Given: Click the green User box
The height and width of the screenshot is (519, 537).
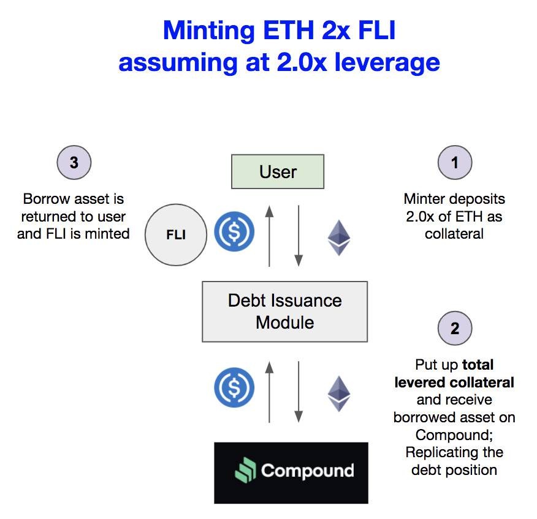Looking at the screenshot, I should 278,171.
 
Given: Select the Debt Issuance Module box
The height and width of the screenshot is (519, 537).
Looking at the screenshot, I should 284,311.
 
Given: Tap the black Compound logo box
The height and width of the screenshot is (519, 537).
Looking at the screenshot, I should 291,472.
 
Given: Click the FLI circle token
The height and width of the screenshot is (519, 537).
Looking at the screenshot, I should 176,235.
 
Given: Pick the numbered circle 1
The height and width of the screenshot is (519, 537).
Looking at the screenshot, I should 454,163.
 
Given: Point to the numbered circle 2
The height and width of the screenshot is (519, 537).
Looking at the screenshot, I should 454,328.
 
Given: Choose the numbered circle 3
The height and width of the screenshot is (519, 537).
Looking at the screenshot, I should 74,163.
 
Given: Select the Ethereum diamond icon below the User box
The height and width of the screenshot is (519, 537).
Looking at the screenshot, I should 338,237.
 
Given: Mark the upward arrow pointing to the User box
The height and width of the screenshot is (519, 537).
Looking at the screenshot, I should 269,236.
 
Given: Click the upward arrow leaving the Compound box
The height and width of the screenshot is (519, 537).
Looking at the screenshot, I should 269,392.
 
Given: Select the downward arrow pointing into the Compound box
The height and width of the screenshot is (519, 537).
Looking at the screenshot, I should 299,392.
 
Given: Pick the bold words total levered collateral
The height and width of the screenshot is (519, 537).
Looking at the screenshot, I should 454,374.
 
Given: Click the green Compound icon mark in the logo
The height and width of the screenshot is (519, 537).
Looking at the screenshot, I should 246,471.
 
